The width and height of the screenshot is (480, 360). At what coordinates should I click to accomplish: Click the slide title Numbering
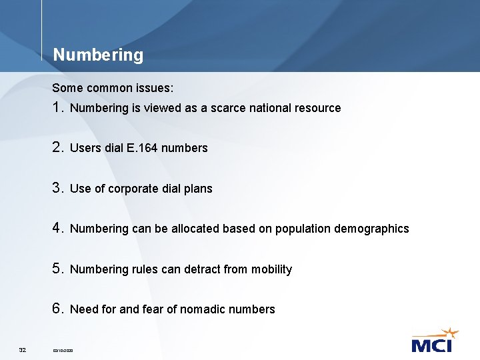click(x=98, y=55)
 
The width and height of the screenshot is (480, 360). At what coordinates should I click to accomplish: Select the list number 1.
click(x=58, y=107)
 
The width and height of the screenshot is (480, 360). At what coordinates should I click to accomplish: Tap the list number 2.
click(x=58, y=147)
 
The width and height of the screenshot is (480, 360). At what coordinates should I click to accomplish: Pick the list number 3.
click(x=58, y=188)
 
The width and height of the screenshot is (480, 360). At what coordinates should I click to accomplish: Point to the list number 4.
click(x=58, y=228)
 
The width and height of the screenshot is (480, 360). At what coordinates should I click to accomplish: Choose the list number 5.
click(x=58, y=269)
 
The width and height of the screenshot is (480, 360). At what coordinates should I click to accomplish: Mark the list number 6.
click(x=58, y=309)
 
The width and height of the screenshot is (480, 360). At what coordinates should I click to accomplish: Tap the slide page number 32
click(x=23, y=349)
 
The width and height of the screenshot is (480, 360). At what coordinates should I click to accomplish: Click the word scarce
click(x=229, y=108)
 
